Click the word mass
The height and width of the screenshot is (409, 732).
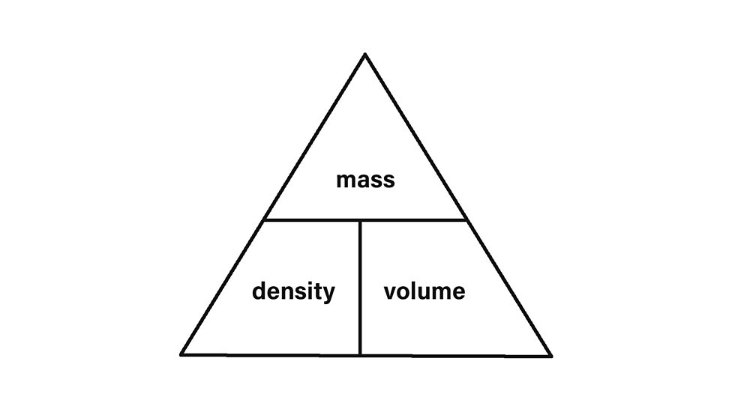[365, 181]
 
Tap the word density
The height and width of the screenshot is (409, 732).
[293, 291]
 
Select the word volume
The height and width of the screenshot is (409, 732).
[424, 291]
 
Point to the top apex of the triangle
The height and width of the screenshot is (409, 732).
[365, 55]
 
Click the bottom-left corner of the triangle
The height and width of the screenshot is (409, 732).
[182, 353]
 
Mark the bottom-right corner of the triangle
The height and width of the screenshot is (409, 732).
[550, 354]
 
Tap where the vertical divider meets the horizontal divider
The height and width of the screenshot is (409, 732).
[361, 220]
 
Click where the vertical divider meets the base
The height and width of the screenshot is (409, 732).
[361, 354]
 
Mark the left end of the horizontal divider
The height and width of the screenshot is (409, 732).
[264, 220]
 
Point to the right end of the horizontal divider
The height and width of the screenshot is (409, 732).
[466, 220]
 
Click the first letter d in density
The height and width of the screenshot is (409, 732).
[258, 291]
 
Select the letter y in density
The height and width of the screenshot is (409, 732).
[329, 294]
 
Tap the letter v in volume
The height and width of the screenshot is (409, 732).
[389, 292]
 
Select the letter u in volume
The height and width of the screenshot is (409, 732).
[421, 292]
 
